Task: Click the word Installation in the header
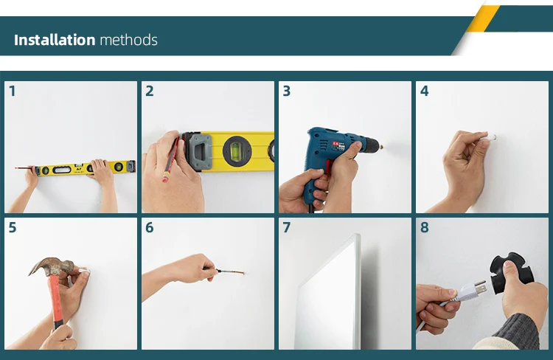[x=55, y=40]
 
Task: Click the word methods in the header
[x=129, y=40]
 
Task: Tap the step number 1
[x=13, y=91]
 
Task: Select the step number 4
[x=424, y=91]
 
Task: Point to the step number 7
[x=286, y=228]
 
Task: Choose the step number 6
[x=150, y=228]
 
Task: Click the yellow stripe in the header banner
[x=482, y=18]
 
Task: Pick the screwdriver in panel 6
[x=225, y=271]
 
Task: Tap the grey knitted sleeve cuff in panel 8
[x=518, y=330]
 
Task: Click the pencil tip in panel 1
[x=15, y=168]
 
